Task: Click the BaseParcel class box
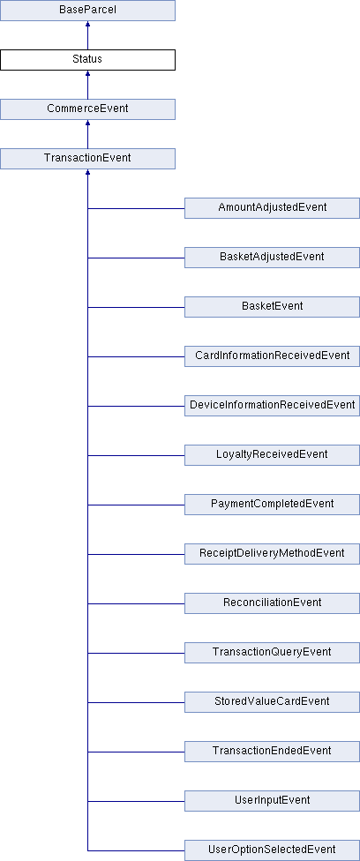point(87,11)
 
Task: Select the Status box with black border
point(87,60)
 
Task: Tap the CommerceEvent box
point(87,109)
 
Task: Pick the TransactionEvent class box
point(87,159)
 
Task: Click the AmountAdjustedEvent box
point(272,208)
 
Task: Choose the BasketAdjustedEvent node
point(272,258)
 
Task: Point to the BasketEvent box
point(272,307)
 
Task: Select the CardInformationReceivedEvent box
point(272,356)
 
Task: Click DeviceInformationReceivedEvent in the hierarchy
point(272,406)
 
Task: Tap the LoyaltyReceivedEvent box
point(272,455)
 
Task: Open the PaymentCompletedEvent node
point(272,505)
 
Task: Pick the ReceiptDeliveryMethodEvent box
point(272,554)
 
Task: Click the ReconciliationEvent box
point(272,603)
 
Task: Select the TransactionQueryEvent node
point(272,653)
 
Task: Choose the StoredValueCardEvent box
point(272,702)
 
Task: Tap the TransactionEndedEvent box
point(272,752)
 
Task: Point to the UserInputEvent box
point(272,801)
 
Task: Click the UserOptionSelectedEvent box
point(272,850)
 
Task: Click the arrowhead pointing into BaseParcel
point(87,24)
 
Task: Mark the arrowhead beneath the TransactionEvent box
point(87,172)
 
